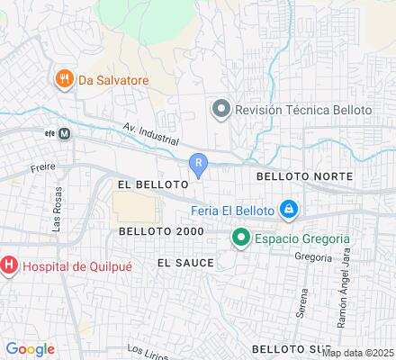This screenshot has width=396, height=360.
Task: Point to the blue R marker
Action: pyautogui.click(x=199, y=163)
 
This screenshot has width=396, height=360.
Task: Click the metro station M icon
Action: pyautogui.click(x=65, y=132)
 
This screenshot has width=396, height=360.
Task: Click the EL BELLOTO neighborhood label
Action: pyautogui.click(x=151, y=183)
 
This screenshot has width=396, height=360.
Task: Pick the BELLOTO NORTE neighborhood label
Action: pyautogui.click(x=304, y=177)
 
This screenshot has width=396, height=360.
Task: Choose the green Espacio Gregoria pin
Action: pyautogui.click(x=240, y=238)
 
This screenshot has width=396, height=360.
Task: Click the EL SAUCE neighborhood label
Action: pyautogui.click(x=185, y=263)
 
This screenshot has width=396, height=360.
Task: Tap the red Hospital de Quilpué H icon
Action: pyautogui.click(x=9, y=265)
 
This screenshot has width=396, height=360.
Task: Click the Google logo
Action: pyautogui.click(x=30, y=349)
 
